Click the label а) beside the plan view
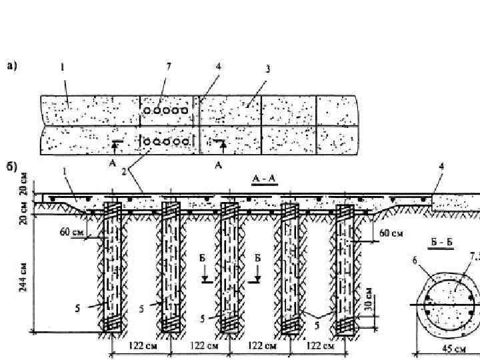(13, 65)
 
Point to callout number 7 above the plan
(169, 66)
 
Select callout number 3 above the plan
(267, 68)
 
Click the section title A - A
(265, 179)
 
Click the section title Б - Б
(441, 241)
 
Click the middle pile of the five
(229, 267)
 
